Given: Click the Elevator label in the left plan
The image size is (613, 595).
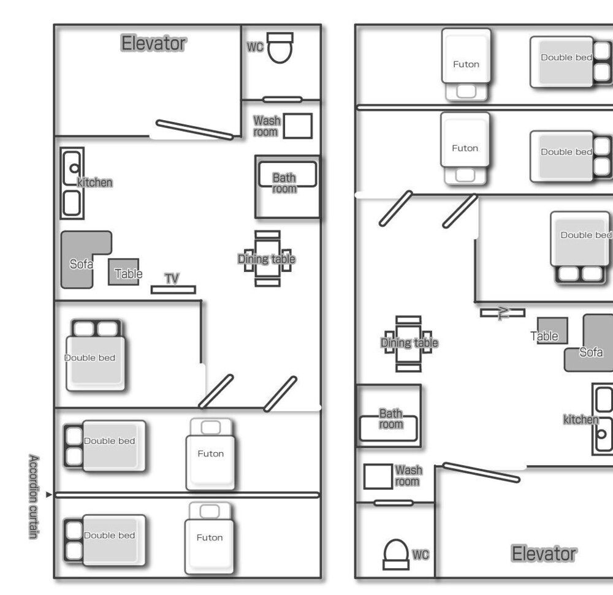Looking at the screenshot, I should (153, 44).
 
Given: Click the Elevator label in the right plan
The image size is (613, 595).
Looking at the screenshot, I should (544, 554).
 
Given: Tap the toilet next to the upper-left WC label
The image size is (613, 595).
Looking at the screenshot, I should (280, 48).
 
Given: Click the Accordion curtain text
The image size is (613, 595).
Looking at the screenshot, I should (34, 496).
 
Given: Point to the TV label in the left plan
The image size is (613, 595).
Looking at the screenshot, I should (172, 279).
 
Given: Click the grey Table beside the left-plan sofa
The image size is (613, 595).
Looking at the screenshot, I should (124, 271).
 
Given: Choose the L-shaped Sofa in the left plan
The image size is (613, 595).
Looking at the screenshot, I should (80, 260).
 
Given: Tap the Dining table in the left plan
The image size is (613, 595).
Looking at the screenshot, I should (267, 259).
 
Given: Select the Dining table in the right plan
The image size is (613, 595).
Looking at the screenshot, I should (408, 343).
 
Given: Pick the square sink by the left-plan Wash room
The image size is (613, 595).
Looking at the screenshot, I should (299, 126).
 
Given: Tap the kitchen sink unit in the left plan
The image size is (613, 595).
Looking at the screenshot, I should (72, 184).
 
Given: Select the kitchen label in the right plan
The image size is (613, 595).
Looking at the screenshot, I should (580, 419).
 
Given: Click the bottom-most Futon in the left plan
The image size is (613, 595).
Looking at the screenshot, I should (210, 537).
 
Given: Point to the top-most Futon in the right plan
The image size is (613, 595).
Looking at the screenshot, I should (466, 64).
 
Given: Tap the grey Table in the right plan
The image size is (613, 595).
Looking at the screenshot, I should (552, 330).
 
